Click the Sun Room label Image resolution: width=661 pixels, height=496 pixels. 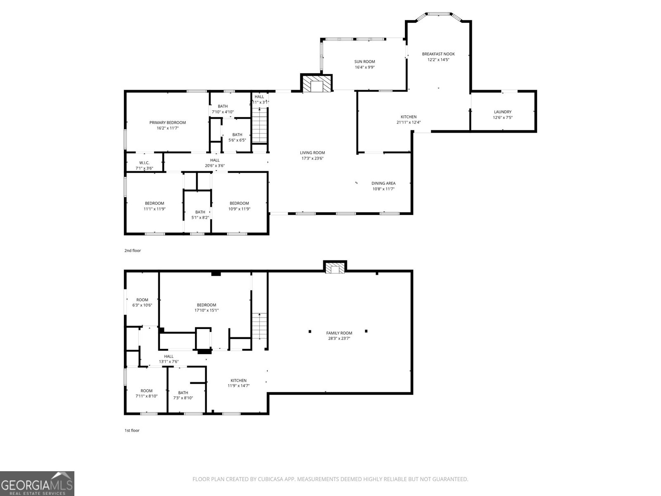364,62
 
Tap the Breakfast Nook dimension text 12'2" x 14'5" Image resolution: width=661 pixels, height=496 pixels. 438,60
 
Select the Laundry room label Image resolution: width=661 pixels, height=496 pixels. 503,112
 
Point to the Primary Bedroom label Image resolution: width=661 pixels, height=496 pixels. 167,123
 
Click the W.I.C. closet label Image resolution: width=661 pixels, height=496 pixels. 144,162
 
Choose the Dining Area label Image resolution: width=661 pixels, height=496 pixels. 383,183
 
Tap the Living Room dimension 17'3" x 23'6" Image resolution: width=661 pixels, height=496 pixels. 312,158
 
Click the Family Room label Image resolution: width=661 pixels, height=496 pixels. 339,333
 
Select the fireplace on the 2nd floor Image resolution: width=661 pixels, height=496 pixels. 316,83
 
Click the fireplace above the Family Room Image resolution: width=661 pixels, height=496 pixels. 335,267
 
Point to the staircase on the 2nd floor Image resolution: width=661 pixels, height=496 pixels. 259,125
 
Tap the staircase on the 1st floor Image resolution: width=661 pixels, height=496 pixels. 259,326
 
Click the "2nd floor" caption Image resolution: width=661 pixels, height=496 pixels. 133,250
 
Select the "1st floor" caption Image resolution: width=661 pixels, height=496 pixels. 132,430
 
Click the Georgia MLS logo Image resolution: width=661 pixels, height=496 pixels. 37,483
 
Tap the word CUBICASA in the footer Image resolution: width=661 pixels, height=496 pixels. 269,479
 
